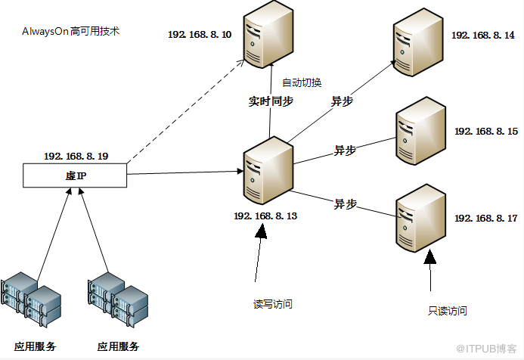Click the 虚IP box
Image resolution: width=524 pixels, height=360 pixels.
point(75,176)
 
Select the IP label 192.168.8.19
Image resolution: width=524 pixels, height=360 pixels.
point(76,156)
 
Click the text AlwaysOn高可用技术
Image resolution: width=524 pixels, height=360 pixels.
point(71,33)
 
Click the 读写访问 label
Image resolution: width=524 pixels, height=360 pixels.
point(273,304)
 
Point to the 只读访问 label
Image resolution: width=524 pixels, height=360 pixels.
point(447,310)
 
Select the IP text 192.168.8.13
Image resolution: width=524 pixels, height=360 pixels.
point(265,216)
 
